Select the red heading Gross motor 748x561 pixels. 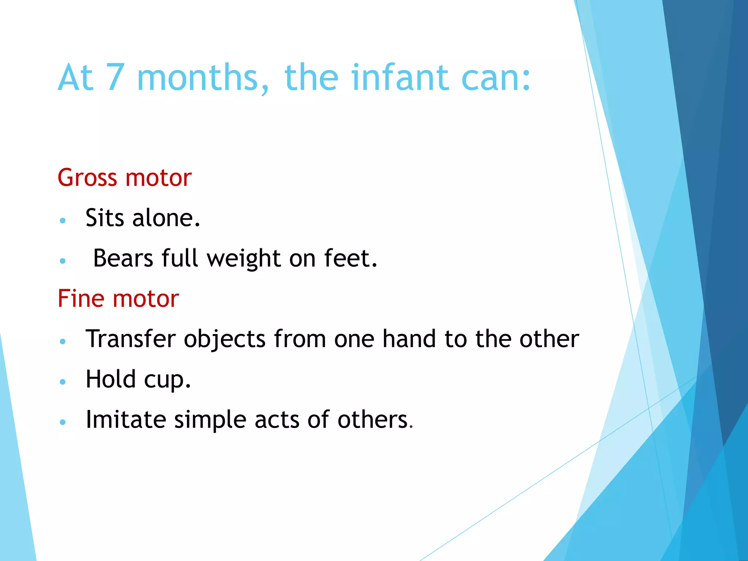coord(125,178)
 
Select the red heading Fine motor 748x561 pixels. coord(118,299)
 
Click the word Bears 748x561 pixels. coord(123,258)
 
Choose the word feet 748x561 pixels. coord(350,258)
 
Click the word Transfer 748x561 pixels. coord(130,339)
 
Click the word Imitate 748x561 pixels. coord(126,419)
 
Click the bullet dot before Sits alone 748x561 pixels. coord(63,221)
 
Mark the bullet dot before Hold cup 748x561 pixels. coord(63,382)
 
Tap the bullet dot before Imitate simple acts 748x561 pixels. coord(63,422)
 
